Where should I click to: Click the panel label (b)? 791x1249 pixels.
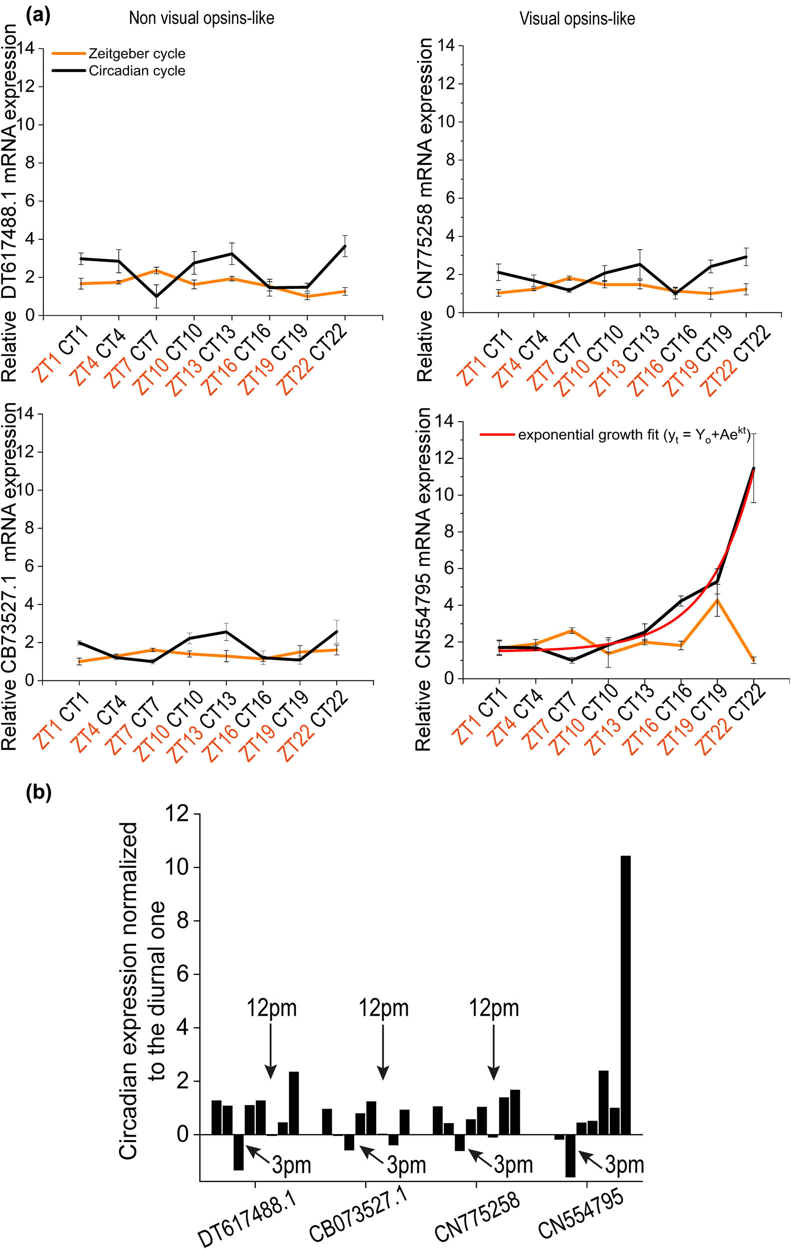38,792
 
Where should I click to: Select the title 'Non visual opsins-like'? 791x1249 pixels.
201,18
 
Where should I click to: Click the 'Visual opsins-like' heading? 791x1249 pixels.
577,19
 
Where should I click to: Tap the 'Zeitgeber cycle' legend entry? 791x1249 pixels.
136,53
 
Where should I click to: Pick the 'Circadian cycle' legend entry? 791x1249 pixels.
137,70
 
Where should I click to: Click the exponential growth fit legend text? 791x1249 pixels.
633,435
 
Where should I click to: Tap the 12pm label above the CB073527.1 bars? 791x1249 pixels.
383,1008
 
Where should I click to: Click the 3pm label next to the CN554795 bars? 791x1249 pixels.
624,1165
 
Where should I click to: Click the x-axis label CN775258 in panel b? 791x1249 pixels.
476,1217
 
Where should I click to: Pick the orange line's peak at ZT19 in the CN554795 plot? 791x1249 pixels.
717,600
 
